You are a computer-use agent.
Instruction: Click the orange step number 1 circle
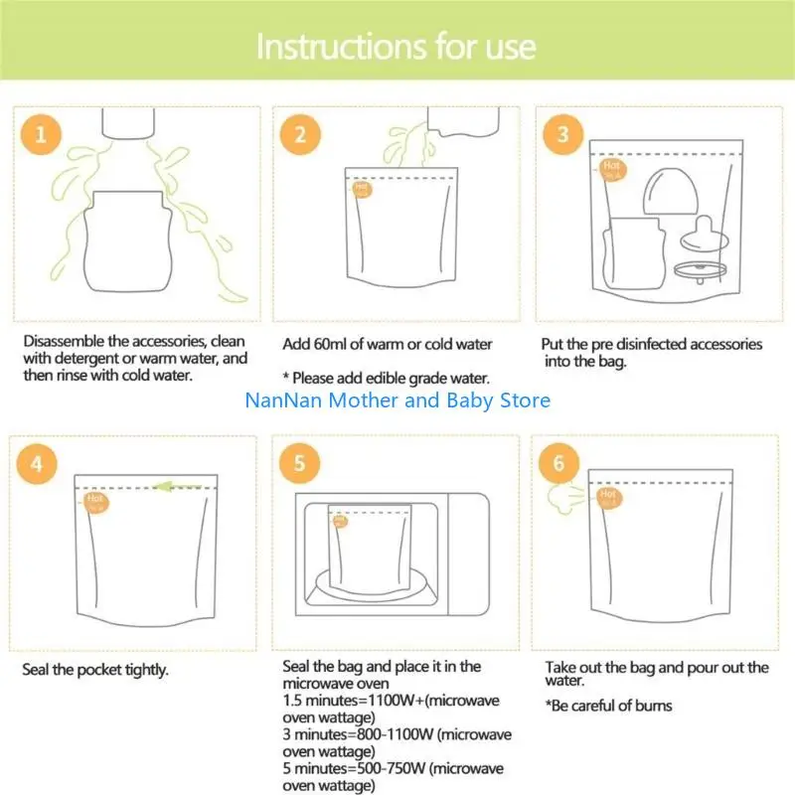coord(42,135)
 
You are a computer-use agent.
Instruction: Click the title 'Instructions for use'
coord(397,47)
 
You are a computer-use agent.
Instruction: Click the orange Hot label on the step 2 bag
coord(361,187)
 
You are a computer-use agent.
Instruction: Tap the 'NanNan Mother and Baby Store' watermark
coord(397,400)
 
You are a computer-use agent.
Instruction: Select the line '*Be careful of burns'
coord(608,706)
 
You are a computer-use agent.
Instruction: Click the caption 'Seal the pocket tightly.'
coord(95,669)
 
